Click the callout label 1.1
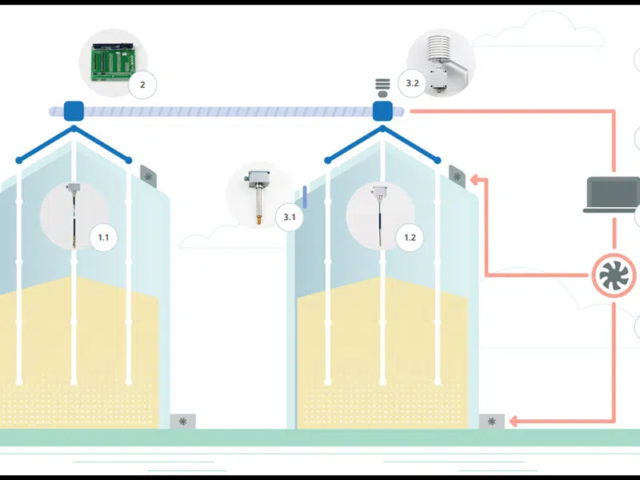tap(103, 238)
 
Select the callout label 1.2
tap(410, 238)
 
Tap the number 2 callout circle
tap(142, 84)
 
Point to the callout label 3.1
tap(290, 217)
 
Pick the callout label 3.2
tap(413, 83)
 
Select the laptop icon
tap(613, 195)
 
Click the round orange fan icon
tap(615, 276)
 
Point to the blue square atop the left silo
tap(74, 110)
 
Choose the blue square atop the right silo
tap(382, 110)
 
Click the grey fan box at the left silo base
tap(183, 421)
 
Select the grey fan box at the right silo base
tap(491, 421)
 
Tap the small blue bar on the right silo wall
tap(306, 197)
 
